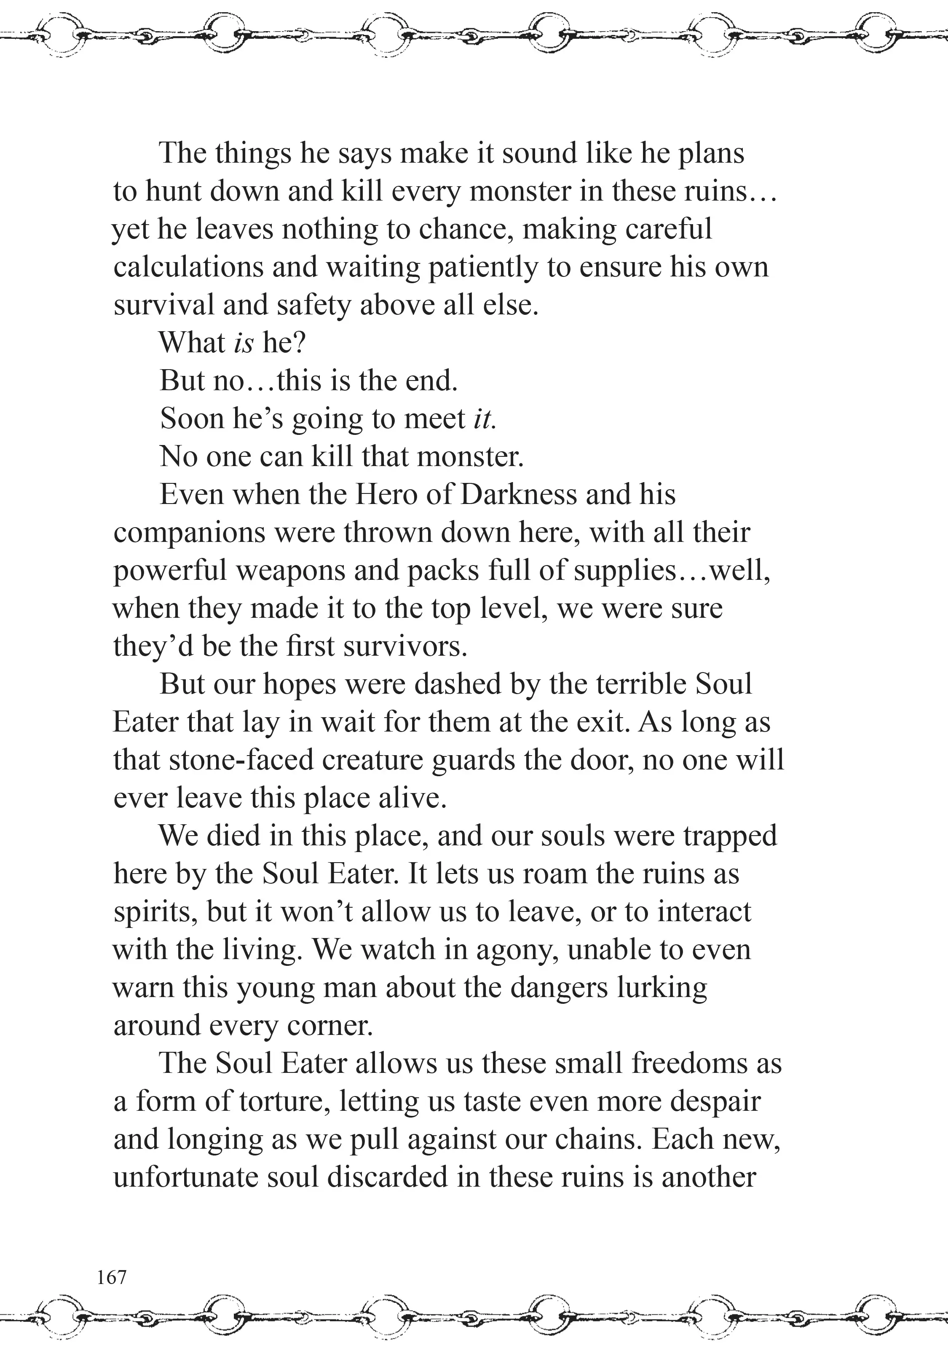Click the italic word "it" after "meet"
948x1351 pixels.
[x=484, y=419]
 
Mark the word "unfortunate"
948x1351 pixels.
[x=185, y=1177]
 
